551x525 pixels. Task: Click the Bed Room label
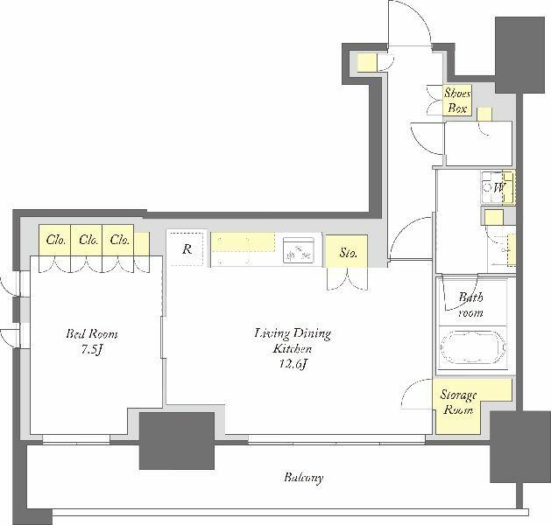point(92,333)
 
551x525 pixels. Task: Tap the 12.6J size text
point(293,364)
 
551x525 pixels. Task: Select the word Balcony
point(304,478)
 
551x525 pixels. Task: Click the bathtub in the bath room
point(473,347)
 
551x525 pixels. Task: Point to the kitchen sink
point(299,250)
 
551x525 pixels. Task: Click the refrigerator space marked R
point(187,248)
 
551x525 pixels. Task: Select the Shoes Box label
point(456,101)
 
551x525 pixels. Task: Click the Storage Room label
point(458,402)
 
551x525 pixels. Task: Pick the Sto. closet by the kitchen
point(347,251)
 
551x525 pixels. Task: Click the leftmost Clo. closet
point(55,240)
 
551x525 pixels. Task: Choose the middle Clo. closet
point(87,240)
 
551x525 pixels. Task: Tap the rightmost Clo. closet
point(118,240)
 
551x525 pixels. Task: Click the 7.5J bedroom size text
point(92,349)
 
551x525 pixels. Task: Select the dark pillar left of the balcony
point(177,441)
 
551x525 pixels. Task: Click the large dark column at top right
point(519,55)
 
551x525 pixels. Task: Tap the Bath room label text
point(470,304)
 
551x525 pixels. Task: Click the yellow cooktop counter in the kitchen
point(244,242)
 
